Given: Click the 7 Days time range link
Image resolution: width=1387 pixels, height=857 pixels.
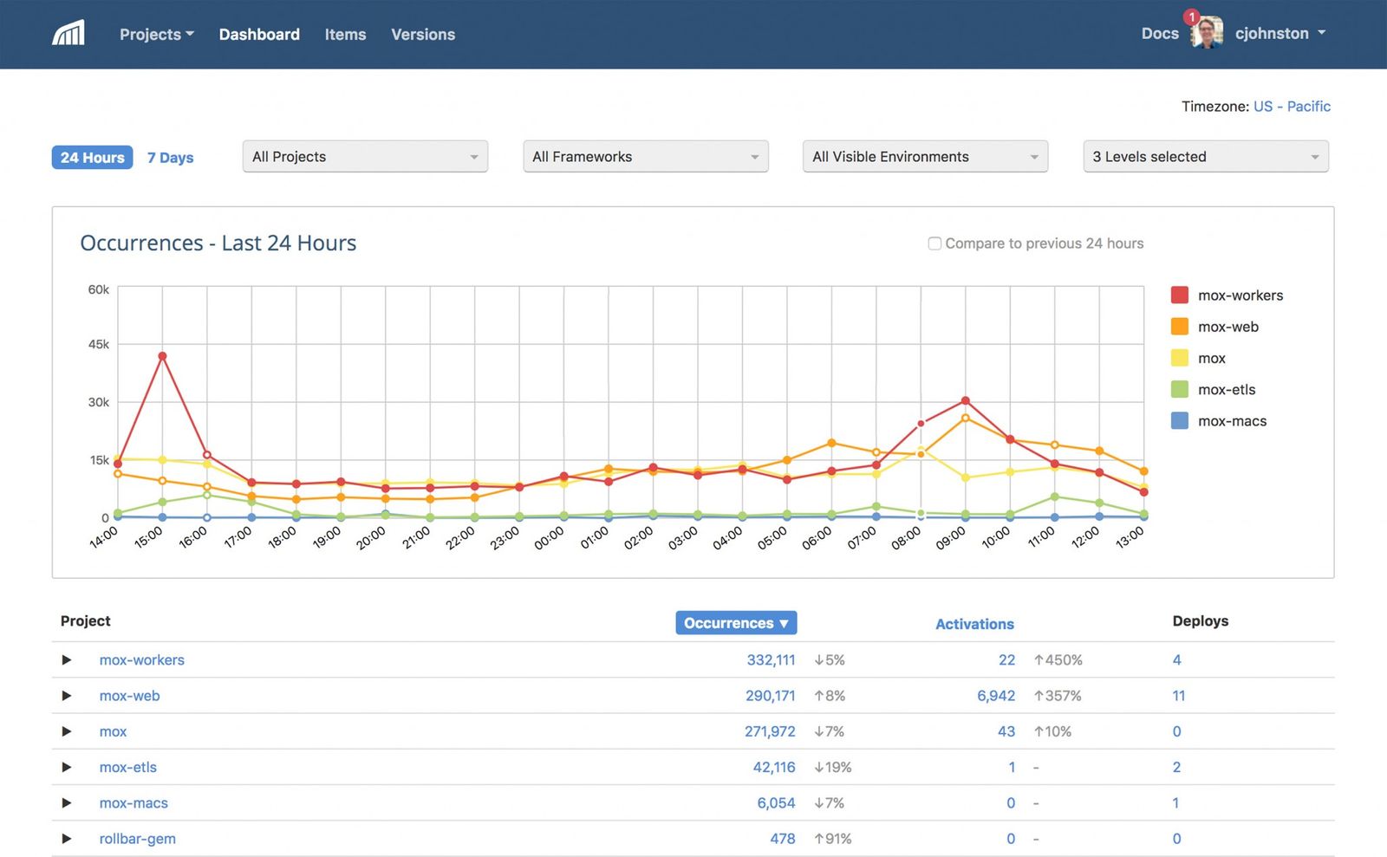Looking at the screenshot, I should tap(170, 158).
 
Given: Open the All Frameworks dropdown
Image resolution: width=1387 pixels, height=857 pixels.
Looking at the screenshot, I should tap(645, 157).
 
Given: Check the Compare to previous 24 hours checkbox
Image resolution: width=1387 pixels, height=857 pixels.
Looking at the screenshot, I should tap(934, 243).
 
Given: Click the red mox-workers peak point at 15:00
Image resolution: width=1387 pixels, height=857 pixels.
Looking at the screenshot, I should tap(162, 356).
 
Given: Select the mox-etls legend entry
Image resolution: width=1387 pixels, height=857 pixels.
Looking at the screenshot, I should tap(1226, 390).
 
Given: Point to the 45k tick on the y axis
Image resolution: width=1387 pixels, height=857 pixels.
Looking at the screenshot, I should tap(99, 344).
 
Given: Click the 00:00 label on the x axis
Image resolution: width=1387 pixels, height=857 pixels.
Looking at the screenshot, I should tap(549, 539).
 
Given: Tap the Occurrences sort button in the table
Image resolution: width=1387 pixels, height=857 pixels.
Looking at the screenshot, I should tap(735, 623).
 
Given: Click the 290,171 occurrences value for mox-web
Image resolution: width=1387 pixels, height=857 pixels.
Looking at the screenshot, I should tap(770, 696).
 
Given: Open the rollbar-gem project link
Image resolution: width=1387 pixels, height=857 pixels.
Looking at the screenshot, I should tap(137, 839).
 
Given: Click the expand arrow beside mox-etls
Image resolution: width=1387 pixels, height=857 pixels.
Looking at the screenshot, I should tap(67, 767).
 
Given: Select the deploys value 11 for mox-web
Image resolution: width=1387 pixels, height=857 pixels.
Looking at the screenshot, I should tap(1178, 696).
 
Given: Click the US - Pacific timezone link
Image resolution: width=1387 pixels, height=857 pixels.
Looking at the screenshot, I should tap(1291, 107).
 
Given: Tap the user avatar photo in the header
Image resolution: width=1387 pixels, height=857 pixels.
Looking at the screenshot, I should tap(1207, 34).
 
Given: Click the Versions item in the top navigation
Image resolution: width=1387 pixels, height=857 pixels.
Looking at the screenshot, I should tap(422, 35).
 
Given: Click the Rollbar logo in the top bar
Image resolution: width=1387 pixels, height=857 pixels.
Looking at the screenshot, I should tap(68, 34).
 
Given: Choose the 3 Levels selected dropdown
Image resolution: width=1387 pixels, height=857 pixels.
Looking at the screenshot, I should tap(1205, 157).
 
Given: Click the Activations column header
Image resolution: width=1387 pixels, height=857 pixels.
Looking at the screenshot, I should tap(974, 624).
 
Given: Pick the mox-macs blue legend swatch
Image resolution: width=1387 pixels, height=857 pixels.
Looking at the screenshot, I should tap(1179, 421).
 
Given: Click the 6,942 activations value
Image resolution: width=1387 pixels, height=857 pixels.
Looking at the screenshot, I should tap(995, 696).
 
